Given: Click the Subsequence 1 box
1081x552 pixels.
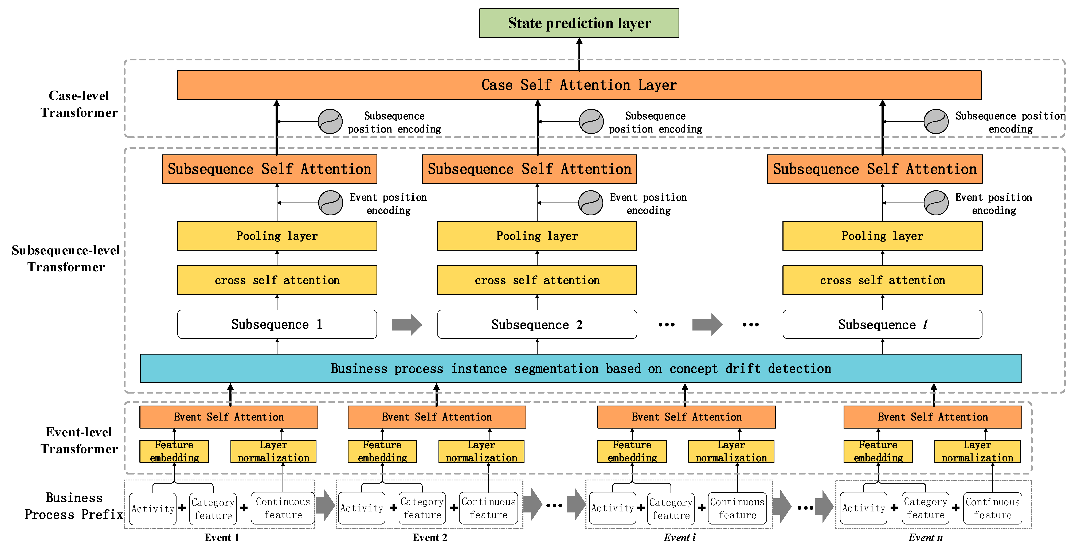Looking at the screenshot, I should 277,324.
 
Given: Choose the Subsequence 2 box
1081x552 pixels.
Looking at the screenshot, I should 537,324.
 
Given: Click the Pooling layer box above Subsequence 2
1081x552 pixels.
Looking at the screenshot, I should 537,236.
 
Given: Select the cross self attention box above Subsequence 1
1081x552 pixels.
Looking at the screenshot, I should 277,280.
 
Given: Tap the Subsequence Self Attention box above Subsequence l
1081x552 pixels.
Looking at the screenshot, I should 875,169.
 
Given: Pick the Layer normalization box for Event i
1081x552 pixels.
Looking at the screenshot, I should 731,451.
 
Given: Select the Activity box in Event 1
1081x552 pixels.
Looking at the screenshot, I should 153,508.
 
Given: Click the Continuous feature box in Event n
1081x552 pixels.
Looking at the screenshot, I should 992,508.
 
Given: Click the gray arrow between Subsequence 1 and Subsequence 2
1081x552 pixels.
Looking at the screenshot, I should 406,324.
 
